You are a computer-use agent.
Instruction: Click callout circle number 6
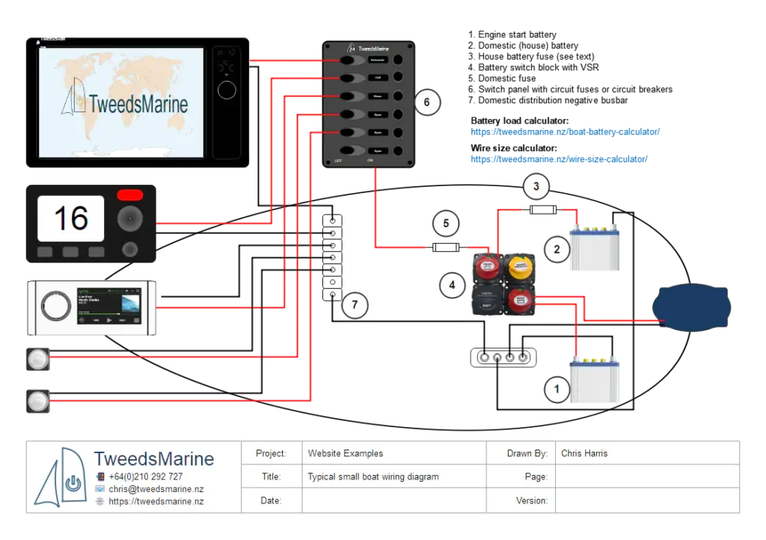point(426,102)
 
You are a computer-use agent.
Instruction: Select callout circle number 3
point(536,186)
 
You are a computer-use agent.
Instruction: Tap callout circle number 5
point(445,223)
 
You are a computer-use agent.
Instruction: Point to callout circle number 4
point(452,284)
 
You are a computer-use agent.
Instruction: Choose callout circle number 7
point(356,304)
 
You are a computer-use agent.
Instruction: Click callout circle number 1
point(555,389)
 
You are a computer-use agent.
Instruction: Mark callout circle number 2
point(557,249)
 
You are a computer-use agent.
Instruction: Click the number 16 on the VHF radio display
point(71,218)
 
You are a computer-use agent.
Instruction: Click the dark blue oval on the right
point(691,307)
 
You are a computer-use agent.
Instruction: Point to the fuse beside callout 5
point(447,248)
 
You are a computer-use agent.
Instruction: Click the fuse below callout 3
point(542,211)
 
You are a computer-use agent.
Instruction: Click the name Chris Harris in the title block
point(584,453)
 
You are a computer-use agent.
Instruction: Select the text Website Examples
point(345,453)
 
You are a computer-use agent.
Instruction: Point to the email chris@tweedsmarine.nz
point(156,489)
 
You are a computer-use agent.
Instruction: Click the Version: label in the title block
point(532,500)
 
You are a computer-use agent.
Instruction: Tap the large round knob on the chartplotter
point(226,91)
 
